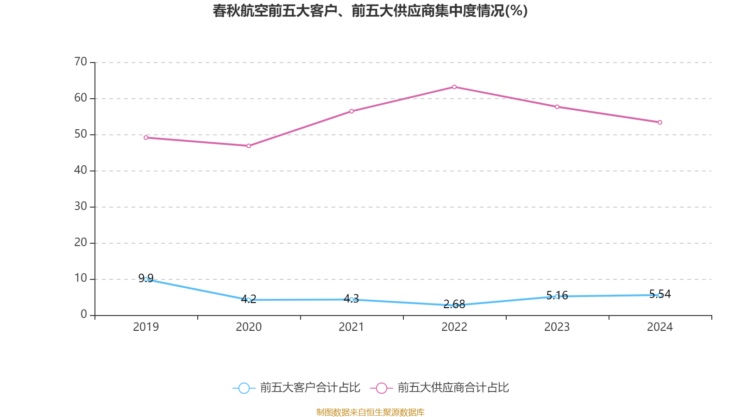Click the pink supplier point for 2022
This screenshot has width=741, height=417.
pos(454,87)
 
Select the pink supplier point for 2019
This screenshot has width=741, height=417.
pos(146,138)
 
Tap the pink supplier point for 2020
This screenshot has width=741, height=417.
pos(249,146)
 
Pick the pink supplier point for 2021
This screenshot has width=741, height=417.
pos(352,111)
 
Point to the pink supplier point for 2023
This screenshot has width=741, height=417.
pos(557,107)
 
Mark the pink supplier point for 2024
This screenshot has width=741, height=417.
pos(660,122)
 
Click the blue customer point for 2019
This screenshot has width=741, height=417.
pos(146,279)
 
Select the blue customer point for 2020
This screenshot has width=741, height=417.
pos(249,300)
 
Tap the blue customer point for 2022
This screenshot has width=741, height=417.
pos(455,305)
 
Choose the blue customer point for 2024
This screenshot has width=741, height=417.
pos(660,295)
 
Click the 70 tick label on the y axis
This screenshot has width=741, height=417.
pos(81,62)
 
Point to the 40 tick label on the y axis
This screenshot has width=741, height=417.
pos(81,170)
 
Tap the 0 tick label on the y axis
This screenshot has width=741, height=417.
pos(84,315)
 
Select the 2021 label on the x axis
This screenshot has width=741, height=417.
pos(352,327)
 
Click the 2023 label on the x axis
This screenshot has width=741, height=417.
pos(557,327)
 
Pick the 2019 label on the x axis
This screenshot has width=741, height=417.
pos(146,327)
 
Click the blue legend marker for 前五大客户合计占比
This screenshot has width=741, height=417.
pos(244,388)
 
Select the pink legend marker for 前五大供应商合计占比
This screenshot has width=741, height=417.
pos(382,388)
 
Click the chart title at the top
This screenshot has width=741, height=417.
pos(370,11)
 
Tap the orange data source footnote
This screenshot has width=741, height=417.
pos(370,412)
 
